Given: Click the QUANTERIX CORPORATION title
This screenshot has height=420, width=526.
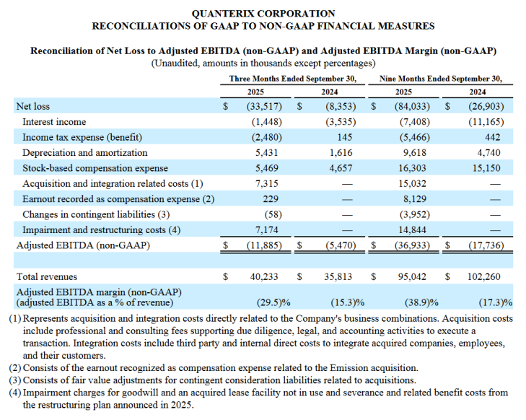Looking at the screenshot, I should coord(263,13).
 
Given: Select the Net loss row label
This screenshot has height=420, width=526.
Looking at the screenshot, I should coord(32,107).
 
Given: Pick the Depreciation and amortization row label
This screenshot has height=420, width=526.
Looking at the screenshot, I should coord(84,153).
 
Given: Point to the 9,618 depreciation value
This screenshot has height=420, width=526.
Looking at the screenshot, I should coord(413,153).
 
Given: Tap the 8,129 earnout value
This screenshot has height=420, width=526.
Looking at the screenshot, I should coord(413,199).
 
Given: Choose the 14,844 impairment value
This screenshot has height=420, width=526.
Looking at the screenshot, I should coord(411,229).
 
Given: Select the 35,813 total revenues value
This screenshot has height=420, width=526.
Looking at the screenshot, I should coord(336,276).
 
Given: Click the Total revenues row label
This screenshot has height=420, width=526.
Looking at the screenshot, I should coord(47,276).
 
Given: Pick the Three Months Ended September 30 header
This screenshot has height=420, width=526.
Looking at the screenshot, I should coord(292,79).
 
